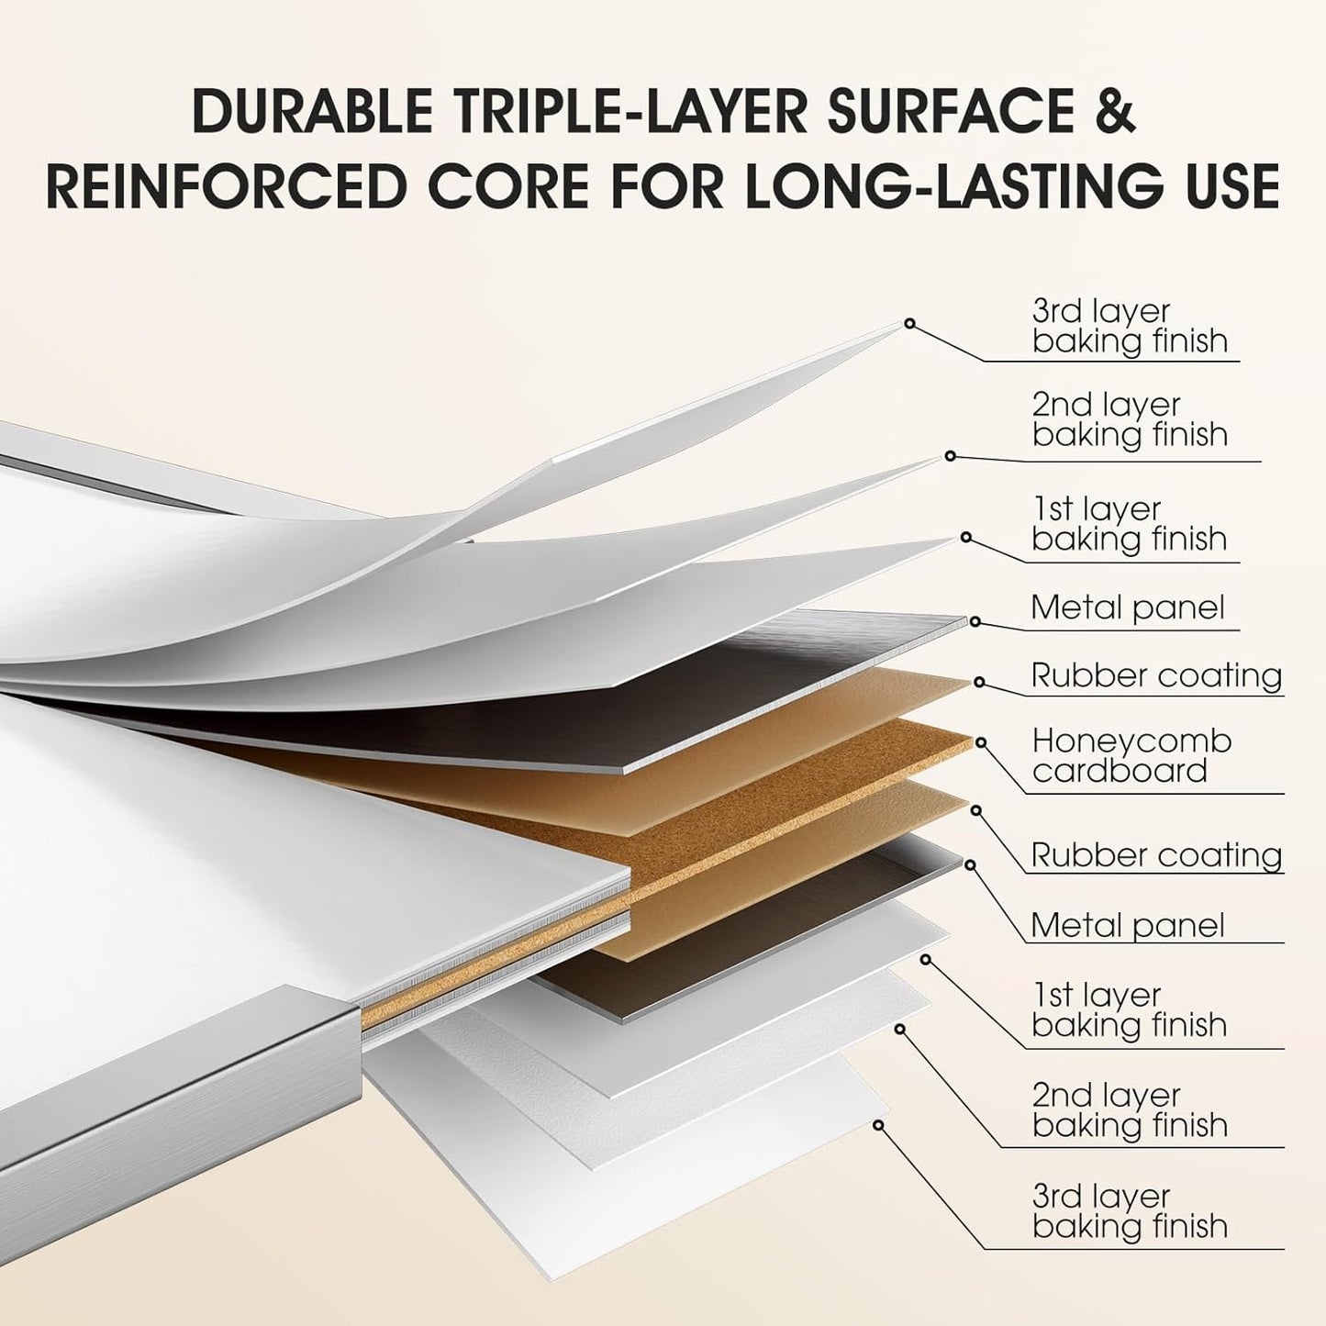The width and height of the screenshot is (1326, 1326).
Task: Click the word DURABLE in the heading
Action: pyautogui.click(x=312, y=112)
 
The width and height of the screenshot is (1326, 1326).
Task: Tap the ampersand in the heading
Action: pyautogui.click(x=1112, y=112)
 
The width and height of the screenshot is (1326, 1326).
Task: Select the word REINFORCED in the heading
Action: pyautogui.click(x=226, y=186)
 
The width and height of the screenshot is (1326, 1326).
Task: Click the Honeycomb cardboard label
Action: pyautogui.click(x=1131, y=755)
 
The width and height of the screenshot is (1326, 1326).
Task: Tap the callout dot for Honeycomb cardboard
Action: pyautogui.click(x=980, y=741)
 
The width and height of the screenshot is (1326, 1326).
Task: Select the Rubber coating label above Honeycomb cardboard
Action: pyautogui.click(x=1156, y=675)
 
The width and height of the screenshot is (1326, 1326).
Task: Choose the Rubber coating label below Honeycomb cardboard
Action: pyautogui.click(x=1156, y=855)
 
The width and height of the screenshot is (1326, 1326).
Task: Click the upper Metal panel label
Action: pyautogui.click(x=1127, y=607)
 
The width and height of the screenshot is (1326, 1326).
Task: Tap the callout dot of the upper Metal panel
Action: pyautogui.click(x=975, y=621)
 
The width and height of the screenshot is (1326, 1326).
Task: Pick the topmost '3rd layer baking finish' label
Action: pyautogui.click(x=1129, y=326)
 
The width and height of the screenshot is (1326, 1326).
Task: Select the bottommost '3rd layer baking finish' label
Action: pyautogui.click(x=1129, y=1210)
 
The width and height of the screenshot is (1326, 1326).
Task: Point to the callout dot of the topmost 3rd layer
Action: pyautogui.click(x=909, y=323)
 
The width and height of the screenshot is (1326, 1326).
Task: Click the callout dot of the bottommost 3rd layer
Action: pyautogui.click(x=878, y=1124)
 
